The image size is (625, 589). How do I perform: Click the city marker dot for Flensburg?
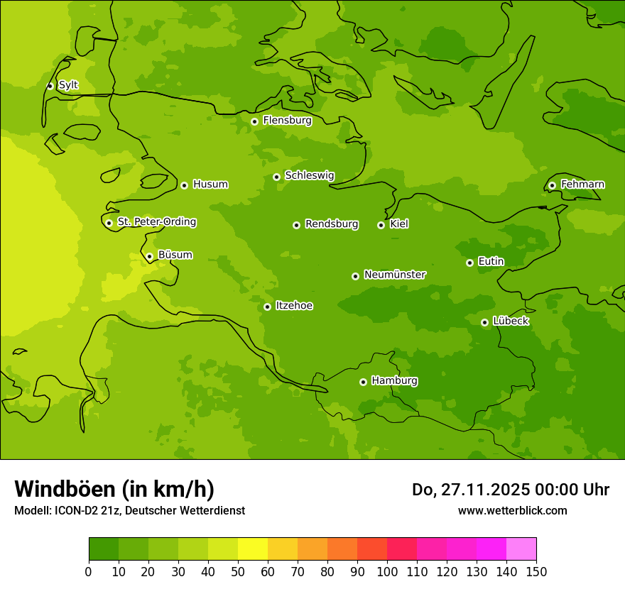(254, 121)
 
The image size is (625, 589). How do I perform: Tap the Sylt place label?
(68, 85)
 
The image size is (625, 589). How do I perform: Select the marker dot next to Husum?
(184, 185)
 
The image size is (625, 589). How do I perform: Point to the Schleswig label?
(309, 175)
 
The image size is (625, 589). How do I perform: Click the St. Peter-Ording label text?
(156, 221)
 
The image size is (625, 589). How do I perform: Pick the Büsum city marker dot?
(149, 256)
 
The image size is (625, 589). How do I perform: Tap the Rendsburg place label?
(331, 224)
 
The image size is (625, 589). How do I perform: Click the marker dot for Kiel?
(381, 225)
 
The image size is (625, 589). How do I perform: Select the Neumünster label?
(394, 275)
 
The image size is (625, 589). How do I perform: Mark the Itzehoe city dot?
(267, 307)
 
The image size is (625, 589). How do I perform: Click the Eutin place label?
(491, 261)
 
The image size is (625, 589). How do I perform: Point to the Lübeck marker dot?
(484, 322)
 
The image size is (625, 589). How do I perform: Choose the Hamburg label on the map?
(394, 380)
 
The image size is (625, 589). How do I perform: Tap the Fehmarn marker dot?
(552, 185)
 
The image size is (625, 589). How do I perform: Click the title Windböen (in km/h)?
(114, 489)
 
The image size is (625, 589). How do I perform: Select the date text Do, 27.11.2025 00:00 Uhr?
(510, 490)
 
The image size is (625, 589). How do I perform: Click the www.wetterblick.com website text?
(512, 510)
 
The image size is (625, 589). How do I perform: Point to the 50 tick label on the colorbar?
(238, 571)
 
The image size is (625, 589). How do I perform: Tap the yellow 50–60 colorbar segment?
(253, 549)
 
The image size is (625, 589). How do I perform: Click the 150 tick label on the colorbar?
(536, 571)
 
